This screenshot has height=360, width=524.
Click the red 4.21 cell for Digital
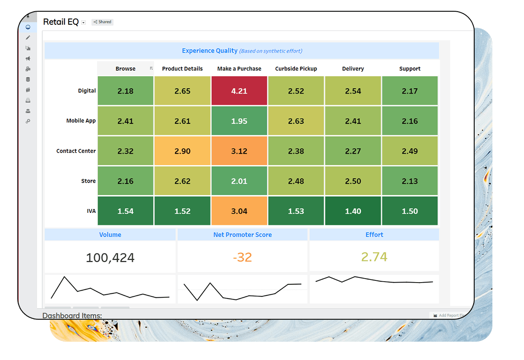pyautogui.click(x=239, y=91)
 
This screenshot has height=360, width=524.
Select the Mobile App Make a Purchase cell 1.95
pyautogui.click(x=239, y=121)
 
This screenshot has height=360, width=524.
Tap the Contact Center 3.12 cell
pyautogui.click(x=239, y=151)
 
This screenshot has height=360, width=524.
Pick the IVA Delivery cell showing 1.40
pyautogui.click(x=353, y=211)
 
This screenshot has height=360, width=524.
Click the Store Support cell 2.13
pyautogui.click(x=410, y=181)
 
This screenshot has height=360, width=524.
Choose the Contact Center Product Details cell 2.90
pyautogui.click(x=182, y=151)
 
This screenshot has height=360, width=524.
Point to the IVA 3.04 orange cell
pyautogui.click(x=239, y=211)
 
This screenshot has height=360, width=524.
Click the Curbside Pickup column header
pyautogui.click(x=296, y=69)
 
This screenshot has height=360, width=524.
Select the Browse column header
pyautogui.click(x=125, y=69)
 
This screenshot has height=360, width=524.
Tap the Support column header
pyautogui.click(x=410, y=69)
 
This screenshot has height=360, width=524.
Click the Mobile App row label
pyautogui.click(x=81, y=121)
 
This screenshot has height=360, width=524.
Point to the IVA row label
pyautogui.click(x=91, y=211)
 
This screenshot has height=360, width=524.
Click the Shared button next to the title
pyautogui.click(x=103, y=22)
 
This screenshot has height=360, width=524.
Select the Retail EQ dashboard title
pyautogui.click(x=61, y=22)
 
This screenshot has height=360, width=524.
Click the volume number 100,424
pyautogui.click(x=110, y=258)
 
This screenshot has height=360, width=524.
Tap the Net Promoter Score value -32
pyautogui.click(x=242, y=257)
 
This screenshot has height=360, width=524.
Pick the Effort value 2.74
pyautogui.click(x=374, y=257)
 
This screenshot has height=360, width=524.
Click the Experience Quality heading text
pyautogui.click(x=210, y=51)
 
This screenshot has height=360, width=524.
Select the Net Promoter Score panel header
pyautogui.click(x=243, y=235)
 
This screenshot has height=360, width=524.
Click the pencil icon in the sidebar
pyautogui.click(x=28, y=38)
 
